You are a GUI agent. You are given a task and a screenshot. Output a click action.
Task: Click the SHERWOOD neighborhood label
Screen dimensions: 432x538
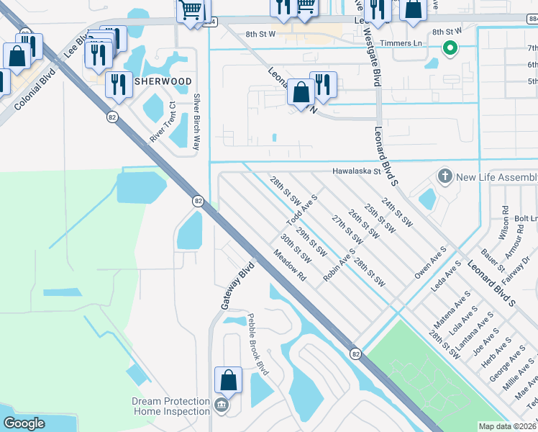coord(163,81)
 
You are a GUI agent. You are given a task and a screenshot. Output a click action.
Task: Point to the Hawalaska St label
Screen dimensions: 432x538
coord(355,171)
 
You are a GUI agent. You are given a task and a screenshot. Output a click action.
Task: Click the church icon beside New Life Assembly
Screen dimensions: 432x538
coord(445,176)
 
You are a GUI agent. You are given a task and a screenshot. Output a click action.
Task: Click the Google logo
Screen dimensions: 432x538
coord(23,423)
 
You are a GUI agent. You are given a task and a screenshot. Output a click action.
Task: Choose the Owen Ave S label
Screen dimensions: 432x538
coord(430,262)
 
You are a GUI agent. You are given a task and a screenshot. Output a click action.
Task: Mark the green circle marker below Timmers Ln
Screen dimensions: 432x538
coord(450,49)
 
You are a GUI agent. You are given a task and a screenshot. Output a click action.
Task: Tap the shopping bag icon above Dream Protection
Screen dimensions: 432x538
coord(228,380)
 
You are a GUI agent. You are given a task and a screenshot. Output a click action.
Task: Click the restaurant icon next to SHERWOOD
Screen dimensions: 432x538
coord(119,85)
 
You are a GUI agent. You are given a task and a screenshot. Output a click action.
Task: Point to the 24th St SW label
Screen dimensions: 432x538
coord(397,212)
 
